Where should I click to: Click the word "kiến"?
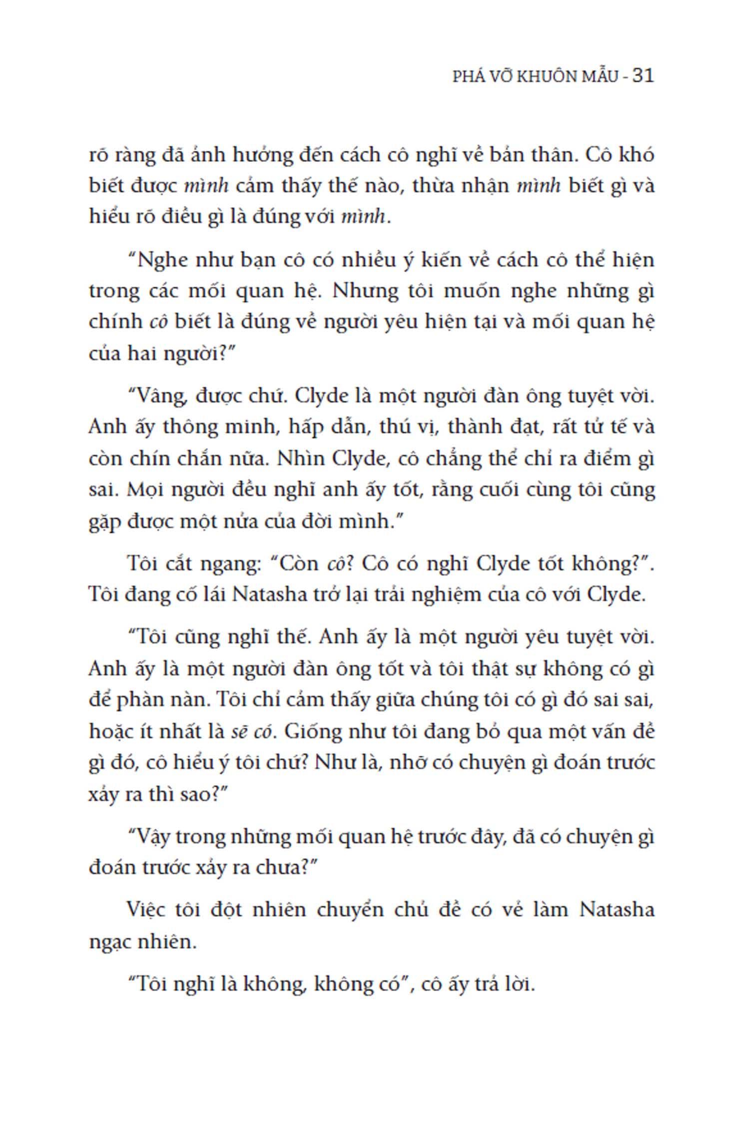pyautogui.click(x=442, y=261)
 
